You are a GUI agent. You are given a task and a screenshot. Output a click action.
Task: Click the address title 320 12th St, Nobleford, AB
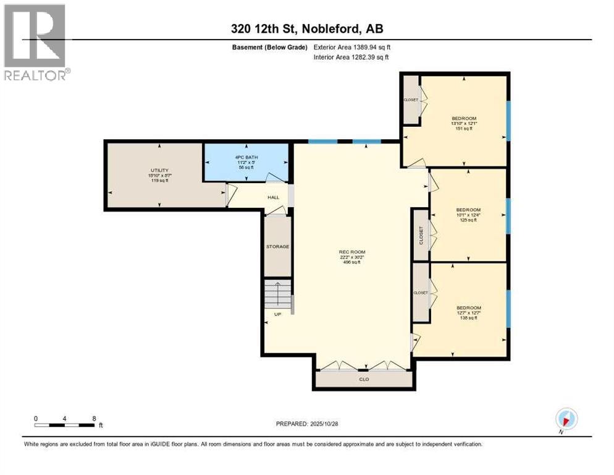point(306,28)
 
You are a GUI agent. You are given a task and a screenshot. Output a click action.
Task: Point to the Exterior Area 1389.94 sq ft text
point(352,47)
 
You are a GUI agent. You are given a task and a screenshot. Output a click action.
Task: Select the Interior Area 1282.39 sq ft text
point(351,58)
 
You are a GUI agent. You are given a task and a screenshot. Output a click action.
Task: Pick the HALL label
point(273,197)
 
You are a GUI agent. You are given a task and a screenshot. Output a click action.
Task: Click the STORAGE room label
point(277,247)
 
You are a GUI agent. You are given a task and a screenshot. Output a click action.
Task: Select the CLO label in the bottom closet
point(364,379)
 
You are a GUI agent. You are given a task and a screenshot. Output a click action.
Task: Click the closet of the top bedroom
point(411,100)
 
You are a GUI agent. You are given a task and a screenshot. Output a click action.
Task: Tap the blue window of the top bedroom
point(508,121)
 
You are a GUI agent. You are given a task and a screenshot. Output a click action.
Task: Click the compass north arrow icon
point(567,419)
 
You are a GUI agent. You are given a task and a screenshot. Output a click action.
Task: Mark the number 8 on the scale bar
point(93,419)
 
